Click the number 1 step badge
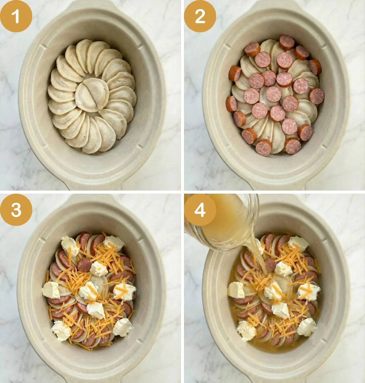point(16,16)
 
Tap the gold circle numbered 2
point(200,16)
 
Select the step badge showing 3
point(16,210)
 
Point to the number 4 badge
point(200,210)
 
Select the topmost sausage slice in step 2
point(287,43)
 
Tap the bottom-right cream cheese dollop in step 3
point(123,327)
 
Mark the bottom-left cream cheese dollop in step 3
point(61,331)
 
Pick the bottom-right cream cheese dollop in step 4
point(307,327)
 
